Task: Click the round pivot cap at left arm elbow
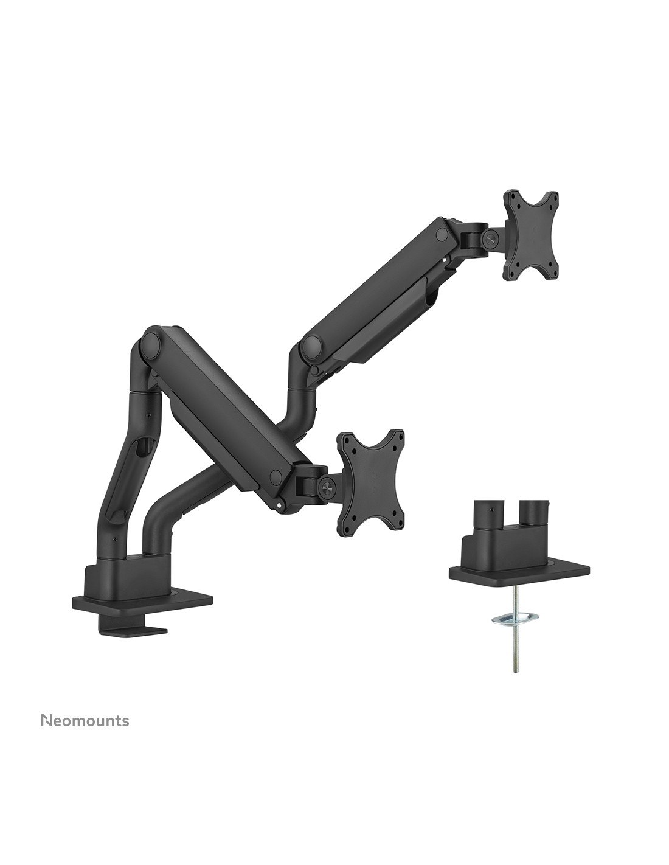pos(149,346)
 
